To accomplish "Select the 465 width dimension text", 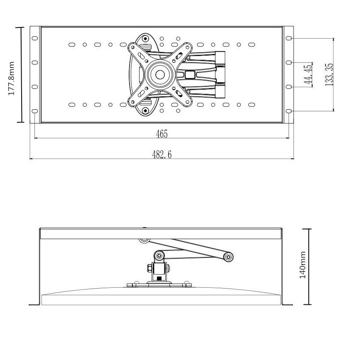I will pyautogui.click(x=162, y=134).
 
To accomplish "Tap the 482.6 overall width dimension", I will pyautogui.click(x=162, y=154).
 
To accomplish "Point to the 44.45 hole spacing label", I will pyautogui.click(x=308, y=75).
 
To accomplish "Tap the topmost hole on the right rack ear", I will pyautogui.click(x=289, y=38).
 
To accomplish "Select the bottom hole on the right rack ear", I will pyautogui.click(x=289, y=111).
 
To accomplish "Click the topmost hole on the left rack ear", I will pyautogui.click(x=34, y=38).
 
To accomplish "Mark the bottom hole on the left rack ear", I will pyautogui.click(x=34, y=111).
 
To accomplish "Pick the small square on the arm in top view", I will pyautogui.click(x=190, y=75).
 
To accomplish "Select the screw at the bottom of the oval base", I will pyautogui.click(x=145, y=110).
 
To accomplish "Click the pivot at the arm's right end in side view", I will pyautogui.click(x=228, y=257).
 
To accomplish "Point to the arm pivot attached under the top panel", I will pyautogui.click(x=143, y=240).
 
